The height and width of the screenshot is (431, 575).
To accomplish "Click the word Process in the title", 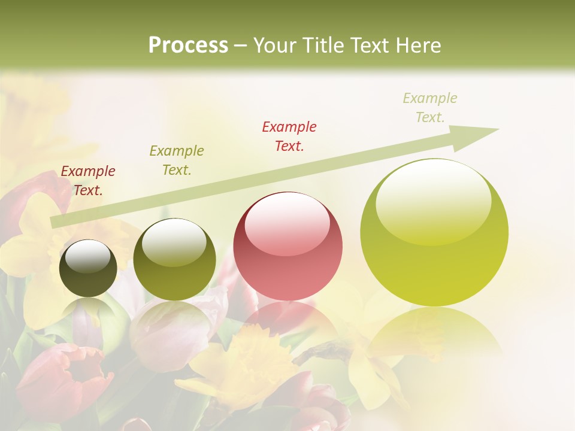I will tap(188, 45).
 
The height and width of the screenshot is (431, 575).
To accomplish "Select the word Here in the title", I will tap(419, 45).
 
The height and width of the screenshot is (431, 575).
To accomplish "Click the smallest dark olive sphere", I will tap(88, 268).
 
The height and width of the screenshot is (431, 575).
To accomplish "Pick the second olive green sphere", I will tap(174, 259).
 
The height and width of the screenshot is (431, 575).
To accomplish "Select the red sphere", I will tap(287, 247).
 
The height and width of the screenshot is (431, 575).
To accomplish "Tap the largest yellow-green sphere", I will tap(434, 232).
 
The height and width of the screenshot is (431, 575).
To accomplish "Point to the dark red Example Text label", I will tap(88, 181).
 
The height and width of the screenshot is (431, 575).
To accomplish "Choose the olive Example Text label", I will tap(177, 160).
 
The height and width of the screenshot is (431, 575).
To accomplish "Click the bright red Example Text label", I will tap(289, 136).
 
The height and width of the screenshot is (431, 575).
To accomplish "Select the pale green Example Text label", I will tap(430, 108).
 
